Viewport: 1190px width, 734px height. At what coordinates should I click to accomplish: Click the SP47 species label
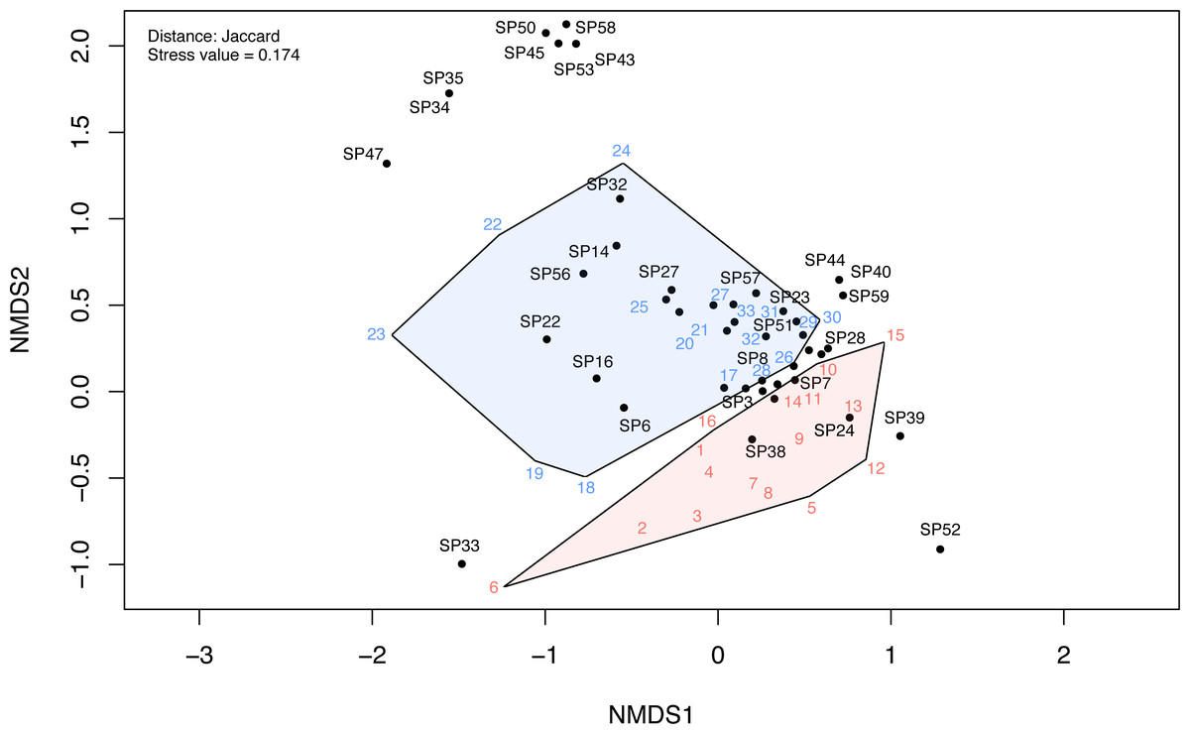pyautogui.click(x=363, y=154)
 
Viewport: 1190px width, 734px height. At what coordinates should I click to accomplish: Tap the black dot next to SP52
pyautogui.click(x=940, y=550)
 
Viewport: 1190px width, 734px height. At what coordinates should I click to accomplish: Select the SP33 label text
pyautogui.click(x=459, y=546)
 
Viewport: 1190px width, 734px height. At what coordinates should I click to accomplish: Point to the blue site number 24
pyautogui.click(x=621, y=151)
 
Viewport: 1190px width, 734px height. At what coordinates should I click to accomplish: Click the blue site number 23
pyautogui.click(x=376, y=334)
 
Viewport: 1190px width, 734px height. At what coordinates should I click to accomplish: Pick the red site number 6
pyautogui.click(x=494, y=587)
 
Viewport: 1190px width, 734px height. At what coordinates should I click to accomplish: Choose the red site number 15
pyautogui.click(x=895, y=335)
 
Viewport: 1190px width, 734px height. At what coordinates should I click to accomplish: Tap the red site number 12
pyautogui.click(x=876, y=468)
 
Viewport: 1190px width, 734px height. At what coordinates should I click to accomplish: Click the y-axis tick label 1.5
pyautogui.click(x=79, y=132)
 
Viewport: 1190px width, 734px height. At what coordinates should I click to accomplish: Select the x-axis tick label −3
pyautogui.click(x=199, y=656)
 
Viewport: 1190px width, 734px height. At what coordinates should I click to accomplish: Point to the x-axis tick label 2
pyautogui.click(x=1063, y=656)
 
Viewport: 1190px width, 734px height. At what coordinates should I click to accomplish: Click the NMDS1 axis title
pyautogui.click(x=651, y=715)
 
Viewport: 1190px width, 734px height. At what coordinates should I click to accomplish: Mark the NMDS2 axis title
pyautogui.click(x=20, y=309)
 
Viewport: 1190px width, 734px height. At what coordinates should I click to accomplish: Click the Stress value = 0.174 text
pyautogui.click(x=224, y=55)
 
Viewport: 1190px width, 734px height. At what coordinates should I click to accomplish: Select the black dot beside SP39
pyautogui.click(x=900, y=435)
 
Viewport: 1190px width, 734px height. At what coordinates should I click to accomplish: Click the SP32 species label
pyautogui.click(x=607, y=184)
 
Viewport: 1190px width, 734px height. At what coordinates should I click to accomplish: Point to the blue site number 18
pyautogui.click(x=586, y=487)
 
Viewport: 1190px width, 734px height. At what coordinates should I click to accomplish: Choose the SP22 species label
pyautogui.click(x=540, y=321)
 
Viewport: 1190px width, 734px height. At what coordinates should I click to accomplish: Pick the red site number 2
pyautogui.click(x=642, y=528)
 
